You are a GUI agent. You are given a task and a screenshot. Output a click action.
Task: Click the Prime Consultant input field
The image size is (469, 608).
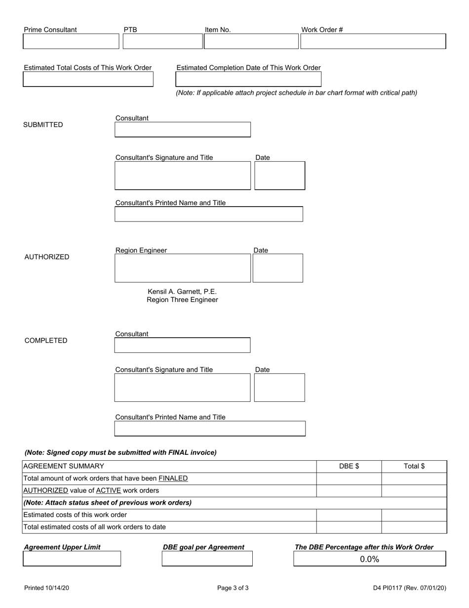click(x=71, y=42)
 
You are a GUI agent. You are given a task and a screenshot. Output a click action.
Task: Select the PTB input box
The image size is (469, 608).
click(x=162, y=42)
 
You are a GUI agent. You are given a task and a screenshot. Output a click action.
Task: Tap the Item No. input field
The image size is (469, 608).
click(x=251, y=42)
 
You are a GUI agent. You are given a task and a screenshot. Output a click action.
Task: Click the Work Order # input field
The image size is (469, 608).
click(x=373, y=42)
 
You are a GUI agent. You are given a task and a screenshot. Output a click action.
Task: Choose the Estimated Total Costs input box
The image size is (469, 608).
click(x=88, y=80)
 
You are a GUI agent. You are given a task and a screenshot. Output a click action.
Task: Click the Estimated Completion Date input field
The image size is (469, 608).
click(x=248, y=80)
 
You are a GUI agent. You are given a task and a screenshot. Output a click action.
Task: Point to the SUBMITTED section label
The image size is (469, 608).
click(x=43, y=125)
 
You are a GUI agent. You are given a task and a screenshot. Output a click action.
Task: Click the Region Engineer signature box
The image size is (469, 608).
click(x=183, y=268)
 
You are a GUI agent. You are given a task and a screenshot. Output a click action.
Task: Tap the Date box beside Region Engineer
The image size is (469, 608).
click(x=278, y=268)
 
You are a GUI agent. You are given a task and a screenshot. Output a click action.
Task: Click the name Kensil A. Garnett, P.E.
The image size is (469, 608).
click(x=182, y=292)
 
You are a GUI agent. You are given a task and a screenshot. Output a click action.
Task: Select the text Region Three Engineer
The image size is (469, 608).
click(x=182, y=300)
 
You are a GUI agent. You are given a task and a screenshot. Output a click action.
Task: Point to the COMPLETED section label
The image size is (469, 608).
click(x=46, y=341)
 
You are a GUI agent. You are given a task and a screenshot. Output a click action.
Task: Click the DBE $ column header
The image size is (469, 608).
click(x=349, y=466)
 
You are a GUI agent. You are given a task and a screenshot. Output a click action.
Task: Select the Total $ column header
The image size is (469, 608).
click(x=414, y=466)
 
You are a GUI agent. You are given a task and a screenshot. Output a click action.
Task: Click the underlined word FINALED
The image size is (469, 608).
click(x=173, y=478)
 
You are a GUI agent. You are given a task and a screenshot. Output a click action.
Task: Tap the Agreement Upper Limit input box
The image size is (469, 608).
click(x=72, y=559)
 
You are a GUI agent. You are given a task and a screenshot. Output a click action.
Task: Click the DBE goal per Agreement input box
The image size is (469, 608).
click(x=207, y=559)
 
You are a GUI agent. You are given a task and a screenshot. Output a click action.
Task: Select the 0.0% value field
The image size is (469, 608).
click(x=370, y=559)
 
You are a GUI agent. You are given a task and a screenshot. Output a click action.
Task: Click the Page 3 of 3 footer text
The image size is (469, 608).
click(x=233, y=588)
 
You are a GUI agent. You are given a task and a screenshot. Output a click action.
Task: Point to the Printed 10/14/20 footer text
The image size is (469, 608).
click(x=47, y=588)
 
